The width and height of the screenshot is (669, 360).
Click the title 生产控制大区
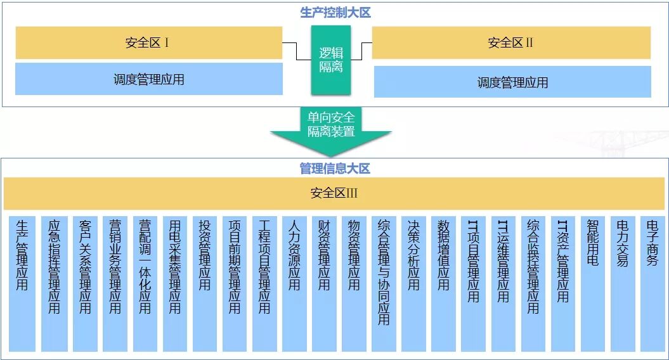click(x=335, y=13)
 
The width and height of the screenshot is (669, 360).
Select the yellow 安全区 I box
click(x=149, y=42)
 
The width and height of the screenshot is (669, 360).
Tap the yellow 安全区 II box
click(x=511, y=42)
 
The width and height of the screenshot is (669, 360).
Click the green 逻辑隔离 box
click(x=330, y=60)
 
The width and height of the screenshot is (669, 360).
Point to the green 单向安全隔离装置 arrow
click(x=331, y=131)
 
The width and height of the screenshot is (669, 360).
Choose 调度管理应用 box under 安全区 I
click(x=149, y=79)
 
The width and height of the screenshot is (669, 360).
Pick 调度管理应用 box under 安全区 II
click(x=512, y=82)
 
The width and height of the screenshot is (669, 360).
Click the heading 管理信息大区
click(x=335, y=169)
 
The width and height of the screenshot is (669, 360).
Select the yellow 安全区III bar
click(x=334, y=193)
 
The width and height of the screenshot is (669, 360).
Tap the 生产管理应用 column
click(x=22, y=284)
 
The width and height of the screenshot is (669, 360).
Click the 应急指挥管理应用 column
click(x=54, y=284)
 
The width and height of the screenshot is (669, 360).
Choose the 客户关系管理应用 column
click(x=86, y=284)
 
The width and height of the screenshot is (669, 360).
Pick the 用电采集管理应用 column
click(x=175, y=284)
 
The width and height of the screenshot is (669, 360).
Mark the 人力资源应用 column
click(x=294, y=284)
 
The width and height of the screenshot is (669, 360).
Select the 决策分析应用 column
click(x=413, y=284)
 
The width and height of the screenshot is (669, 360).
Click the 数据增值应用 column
click(x=443, y=284)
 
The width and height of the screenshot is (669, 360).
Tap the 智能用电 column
click(x=593, y=284)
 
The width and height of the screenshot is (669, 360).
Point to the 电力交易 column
click(x=623, y=284)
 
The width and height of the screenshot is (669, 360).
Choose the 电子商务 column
click(x=653, y=284)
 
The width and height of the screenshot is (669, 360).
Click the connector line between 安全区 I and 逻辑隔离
click(x=297, y=51)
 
